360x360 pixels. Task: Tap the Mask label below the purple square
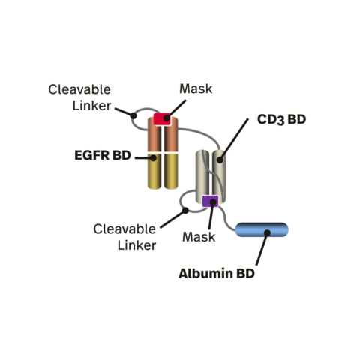(199, 237)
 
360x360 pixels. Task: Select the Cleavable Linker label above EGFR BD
(80, 98)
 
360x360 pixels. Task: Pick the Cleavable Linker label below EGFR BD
(125, 236)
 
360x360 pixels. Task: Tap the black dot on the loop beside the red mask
(133, 115)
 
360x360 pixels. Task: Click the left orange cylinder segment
(154, 136)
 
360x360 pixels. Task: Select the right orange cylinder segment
(170, 136)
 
